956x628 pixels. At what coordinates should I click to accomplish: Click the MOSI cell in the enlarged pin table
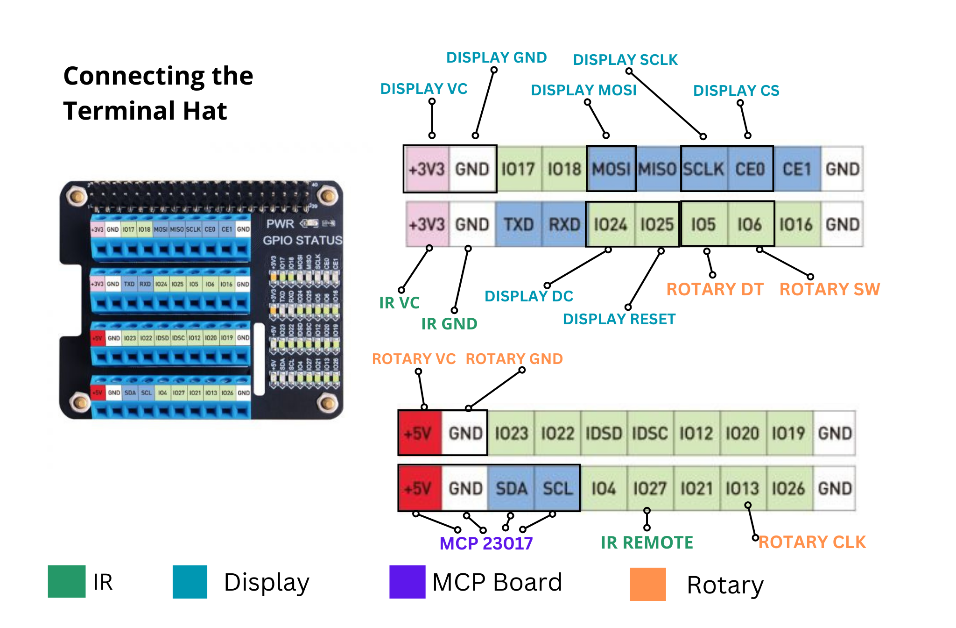coord(611,169)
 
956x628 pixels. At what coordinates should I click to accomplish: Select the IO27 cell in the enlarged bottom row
coord(649,488)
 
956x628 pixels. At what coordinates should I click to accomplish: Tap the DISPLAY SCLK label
coord(625,60)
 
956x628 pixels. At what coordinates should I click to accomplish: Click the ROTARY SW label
coord(829,289)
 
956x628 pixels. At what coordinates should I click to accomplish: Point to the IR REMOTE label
coord(647,542)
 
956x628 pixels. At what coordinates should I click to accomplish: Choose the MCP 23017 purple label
coord(486,543)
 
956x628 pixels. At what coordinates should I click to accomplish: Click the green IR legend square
coord(66,581)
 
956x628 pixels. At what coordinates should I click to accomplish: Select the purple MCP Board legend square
coord(407,582)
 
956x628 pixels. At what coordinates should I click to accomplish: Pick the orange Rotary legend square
coord(647,584)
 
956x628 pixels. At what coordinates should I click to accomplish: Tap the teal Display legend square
coord(190,582)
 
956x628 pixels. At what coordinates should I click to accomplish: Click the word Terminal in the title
coord(121,111)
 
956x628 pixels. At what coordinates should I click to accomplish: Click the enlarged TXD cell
coord(518,224)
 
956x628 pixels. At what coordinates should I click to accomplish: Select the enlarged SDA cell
coord(511,488)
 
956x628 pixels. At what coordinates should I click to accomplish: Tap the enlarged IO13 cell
coord(742,488)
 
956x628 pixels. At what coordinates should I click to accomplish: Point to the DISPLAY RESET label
coord(619,319)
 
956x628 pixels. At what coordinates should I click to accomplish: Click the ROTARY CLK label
coord(812,542)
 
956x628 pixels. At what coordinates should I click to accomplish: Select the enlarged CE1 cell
coord(796,169)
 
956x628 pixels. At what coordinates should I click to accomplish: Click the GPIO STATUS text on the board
coord(302,240)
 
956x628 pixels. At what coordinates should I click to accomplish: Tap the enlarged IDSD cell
coord(604,433)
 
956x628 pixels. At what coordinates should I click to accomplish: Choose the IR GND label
coord(449,324)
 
